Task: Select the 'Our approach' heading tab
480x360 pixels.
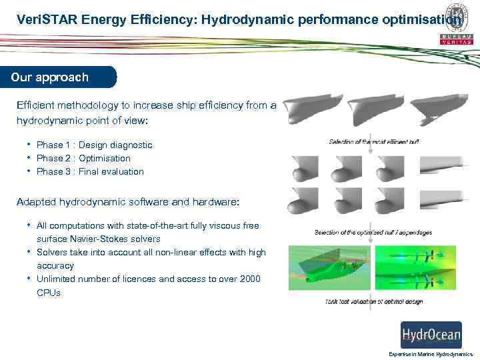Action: [50, 77]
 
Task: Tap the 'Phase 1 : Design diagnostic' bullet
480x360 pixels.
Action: [94, 145]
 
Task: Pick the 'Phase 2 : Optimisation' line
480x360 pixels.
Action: [83, 158]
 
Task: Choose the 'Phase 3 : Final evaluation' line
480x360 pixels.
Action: [90, 171]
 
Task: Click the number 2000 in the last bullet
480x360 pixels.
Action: [247, 279]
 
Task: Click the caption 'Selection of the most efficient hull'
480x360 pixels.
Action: [374, 141]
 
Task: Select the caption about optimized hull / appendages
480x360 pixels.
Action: [373, 233]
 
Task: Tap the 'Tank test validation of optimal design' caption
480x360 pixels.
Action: [374, 302]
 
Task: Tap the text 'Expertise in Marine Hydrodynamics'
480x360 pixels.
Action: [430, 354]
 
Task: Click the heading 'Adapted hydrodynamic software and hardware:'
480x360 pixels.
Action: [127, 201]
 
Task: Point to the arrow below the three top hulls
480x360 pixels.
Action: [372, 133]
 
